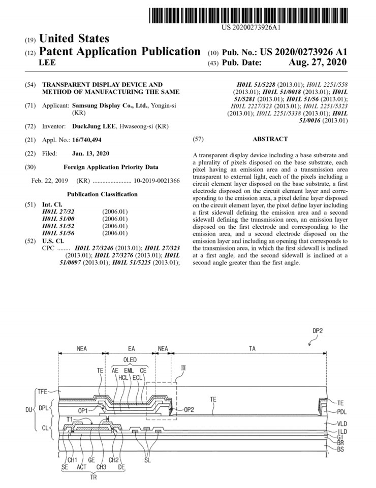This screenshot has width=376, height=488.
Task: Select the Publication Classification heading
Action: pyautogui.click(x=102, y=194)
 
